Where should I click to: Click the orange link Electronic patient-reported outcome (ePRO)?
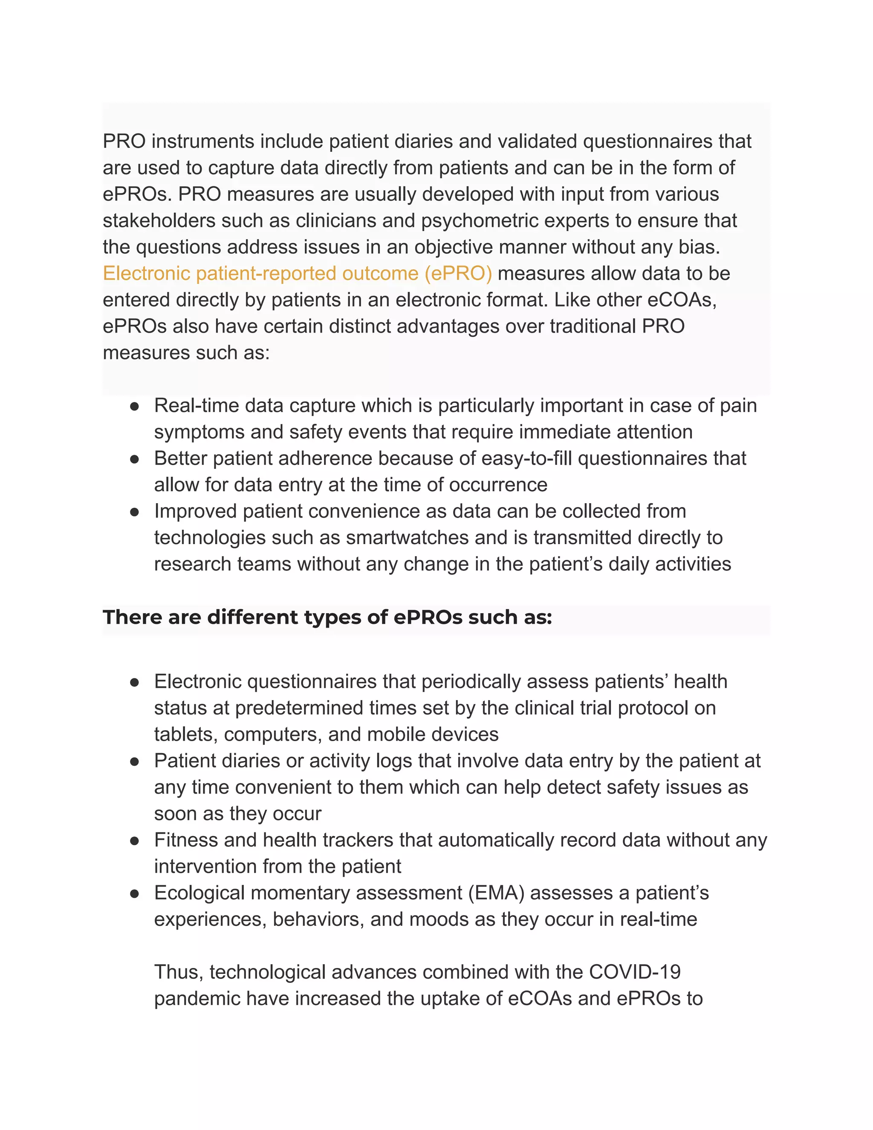click(x=298, y=273)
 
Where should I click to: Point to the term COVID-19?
click(x=635, y=972)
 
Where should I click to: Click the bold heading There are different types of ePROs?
click(x=327, y=617)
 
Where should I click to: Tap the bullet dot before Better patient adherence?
click(x=134, y=459)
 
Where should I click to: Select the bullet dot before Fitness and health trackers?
click(x=134, y=841)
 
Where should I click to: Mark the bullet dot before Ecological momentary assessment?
click(x=134, y=893)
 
